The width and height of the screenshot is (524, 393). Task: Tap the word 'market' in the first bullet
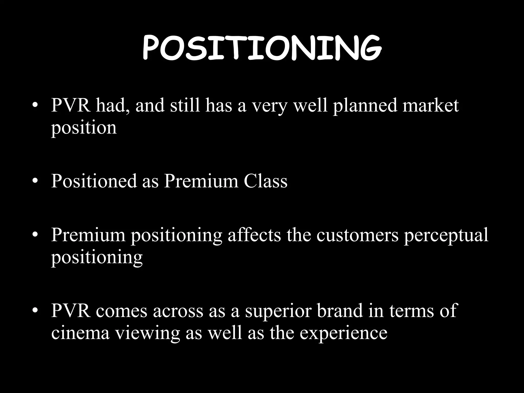click(x=431, y=105)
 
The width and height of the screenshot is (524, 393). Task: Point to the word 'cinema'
click(x=80, y=333)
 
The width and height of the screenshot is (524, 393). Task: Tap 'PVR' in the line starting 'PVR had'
click(x=71, y=105)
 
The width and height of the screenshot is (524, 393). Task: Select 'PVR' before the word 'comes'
click(x=71, y=311)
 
